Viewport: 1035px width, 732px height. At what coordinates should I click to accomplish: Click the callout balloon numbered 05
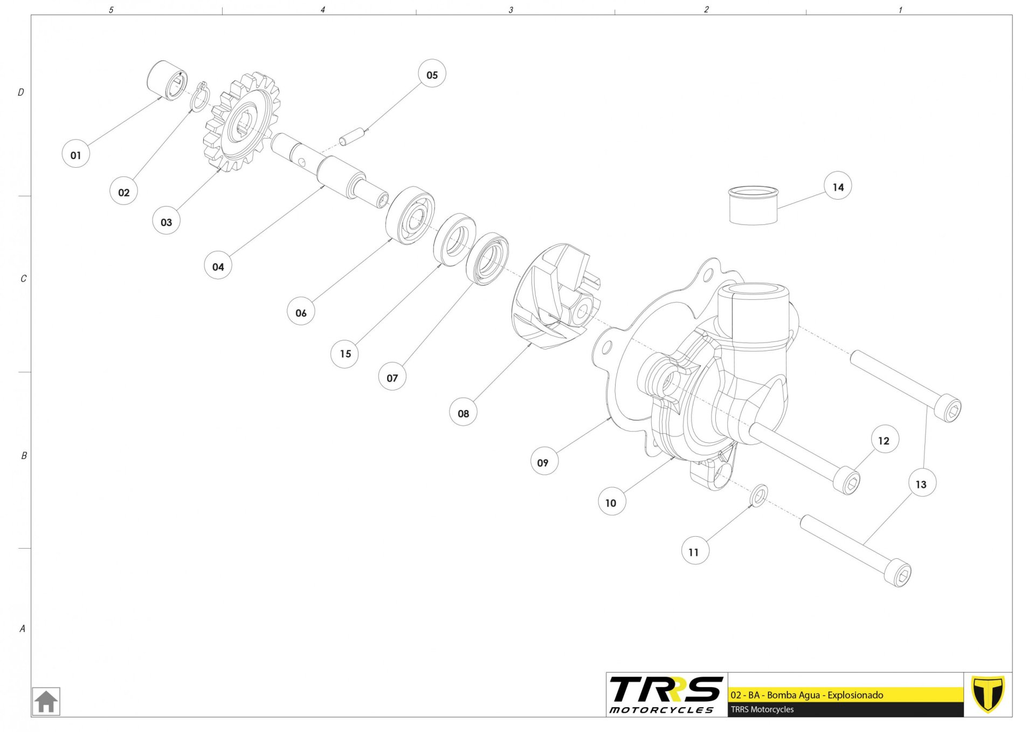pos(432,74)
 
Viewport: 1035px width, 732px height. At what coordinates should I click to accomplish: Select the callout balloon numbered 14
pos(838,187)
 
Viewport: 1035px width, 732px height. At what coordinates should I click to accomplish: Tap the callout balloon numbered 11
pos(694,551)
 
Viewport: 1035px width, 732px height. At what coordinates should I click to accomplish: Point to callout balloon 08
pos(463,413)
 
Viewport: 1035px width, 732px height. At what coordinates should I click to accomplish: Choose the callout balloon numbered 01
pos(75,154)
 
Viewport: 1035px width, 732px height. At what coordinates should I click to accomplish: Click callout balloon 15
pos(345,353)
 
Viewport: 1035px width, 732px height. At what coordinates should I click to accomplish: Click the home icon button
pos(46,701)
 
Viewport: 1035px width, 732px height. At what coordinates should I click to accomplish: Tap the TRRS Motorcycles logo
pos(666,694)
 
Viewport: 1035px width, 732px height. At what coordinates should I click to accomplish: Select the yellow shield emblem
pos(988,694)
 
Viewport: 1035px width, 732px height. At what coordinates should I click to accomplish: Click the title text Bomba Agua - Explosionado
pos(825,695)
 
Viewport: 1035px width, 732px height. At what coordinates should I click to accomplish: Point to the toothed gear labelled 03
pos(241,122)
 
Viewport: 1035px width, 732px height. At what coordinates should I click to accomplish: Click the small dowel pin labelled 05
pos(352,136)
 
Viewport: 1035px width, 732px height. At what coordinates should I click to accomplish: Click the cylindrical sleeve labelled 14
pos(753,205)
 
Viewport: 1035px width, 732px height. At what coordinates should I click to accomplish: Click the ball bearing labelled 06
pos(410,215)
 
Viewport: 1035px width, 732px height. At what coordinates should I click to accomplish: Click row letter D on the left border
pos(21,92)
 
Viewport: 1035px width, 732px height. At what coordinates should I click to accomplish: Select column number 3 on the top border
pos(511,10)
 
